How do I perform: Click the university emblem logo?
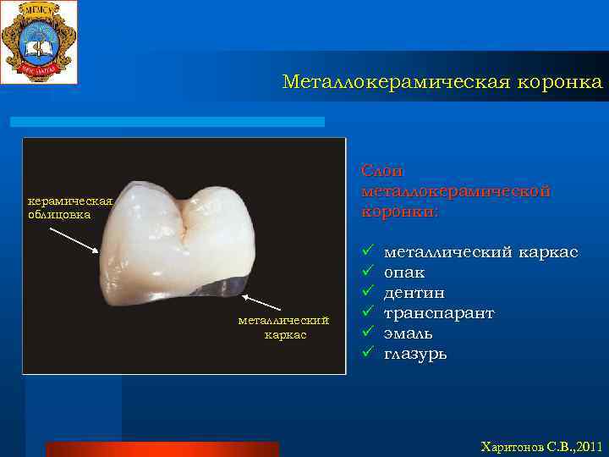point(39,42)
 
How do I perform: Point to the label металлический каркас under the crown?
point(283,328)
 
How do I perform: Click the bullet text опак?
point(404,273)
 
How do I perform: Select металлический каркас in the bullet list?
point(481,252)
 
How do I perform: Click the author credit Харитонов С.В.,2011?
point(541,446)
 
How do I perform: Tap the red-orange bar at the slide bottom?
point(162,449)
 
